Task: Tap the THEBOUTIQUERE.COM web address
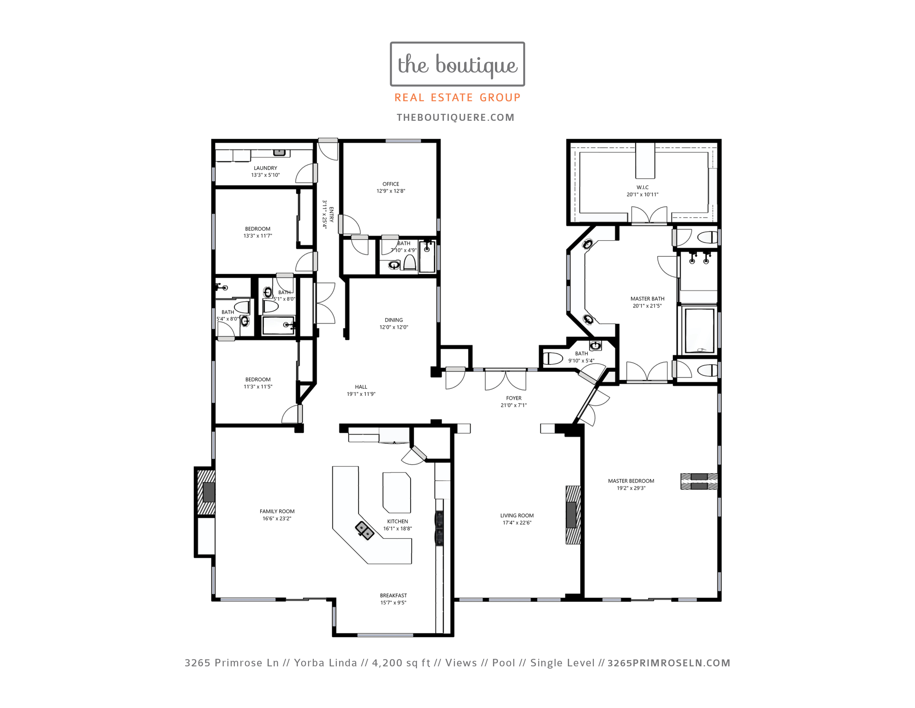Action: [x=455, y=117]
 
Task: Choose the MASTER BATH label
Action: [x=647, y=299]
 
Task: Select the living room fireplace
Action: [x=573, y=515]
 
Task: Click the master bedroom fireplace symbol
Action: [x=699, y=481]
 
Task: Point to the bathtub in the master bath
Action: [x=699, y=330]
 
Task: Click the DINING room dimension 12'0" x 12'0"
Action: [x=393, y=327]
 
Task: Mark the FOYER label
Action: [x=514, y=398]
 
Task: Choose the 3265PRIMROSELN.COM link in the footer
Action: [x=669, y=663]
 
